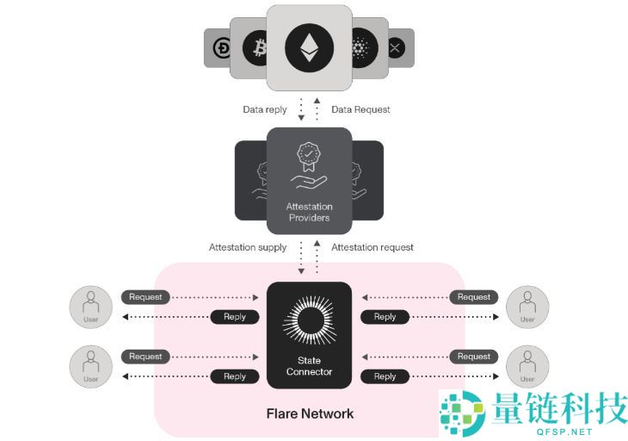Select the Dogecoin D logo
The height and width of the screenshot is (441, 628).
(220, 48)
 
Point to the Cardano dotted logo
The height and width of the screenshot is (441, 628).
(360, 48)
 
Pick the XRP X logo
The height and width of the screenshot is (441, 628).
(396, 48)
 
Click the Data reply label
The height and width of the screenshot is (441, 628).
(264, 109)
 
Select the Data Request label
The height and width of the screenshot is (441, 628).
(360, 109)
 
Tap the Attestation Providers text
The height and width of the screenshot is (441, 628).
(309, 212)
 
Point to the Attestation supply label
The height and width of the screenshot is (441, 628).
(248, 247)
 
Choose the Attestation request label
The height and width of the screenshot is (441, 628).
(372, 247)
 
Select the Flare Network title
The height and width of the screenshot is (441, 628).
(310, 413)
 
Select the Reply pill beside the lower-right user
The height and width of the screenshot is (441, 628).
(385, 376)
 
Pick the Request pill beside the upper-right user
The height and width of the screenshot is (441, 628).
(473, 297)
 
